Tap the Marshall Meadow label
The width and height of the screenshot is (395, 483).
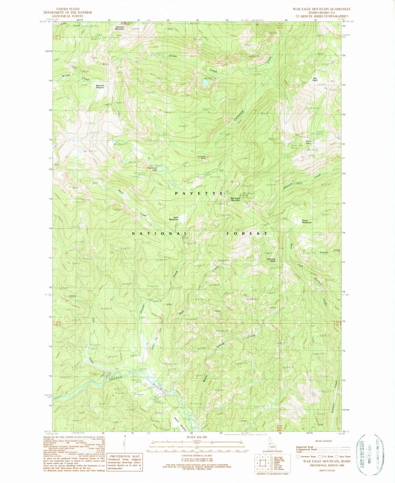pyautogui.click(x=100, y=86)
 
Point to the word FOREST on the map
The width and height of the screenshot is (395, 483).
pyautogui.click(x=247, y=233)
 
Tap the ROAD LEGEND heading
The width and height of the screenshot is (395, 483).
pyautogui.click(x=324, y=441)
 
